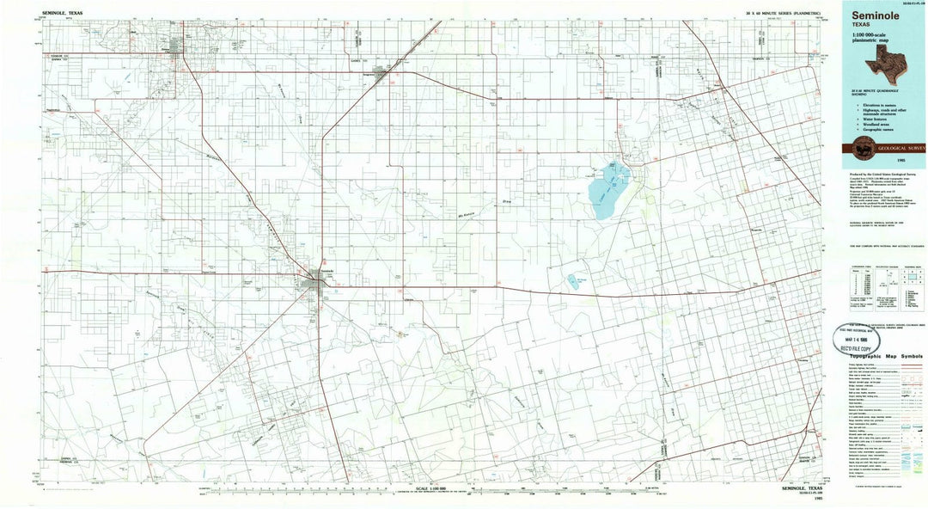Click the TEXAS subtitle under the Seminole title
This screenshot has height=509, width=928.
(862, 25)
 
